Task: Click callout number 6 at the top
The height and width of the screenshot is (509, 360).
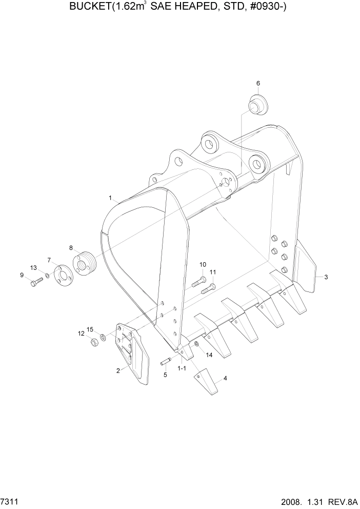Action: click(x=258, y=83)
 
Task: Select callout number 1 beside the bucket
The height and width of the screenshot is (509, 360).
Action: click(x=110, y=197)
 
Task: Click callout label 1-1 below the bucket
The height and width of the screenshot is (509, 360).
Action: click(x=182, y=368)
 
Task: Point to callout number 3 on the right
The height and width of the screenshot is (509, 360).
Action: click(x=326, y=277)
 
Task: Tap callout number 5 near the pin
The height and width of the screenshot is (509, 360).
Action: click(x=165, y=375)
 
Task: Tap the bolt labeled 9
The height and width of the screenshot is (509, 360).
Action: click(x=34, y=281)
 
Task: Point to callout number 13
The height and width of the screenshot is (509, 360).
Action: click(x=33, y=268)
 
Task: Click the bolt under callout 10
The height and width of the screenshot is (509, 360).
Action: click(x=198, y=282)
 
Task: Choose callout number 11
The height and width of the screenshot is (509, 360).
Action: click(x=213, y=272)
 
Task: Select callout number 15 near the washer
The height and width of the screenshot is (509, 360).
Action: click(x=90, y=329)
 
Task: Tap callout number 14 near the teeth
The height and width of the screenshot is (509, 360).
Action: click(x=209, y=355)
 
